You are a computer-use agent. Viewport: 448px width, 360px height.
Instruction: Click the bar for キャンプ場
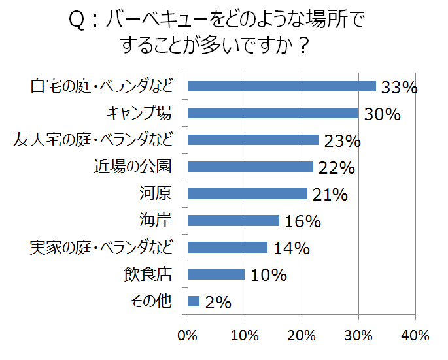(273, 113)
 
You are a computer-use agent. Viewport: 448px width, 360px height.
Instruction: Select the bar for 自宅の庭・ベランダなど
(282, 86)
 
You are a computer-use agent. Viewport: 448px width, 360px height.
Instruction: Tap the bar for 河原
(247, 193)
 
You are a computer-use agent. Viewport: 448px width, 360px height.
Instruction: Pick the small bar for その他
(194, 301)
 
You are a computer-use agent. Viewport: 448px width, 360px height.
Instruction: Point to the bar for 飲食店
(216, 274)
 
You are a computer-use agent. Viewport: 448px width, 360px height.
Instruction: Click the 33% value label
(399, 88)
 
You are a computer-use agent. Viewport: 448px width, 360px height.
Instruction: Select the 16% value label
(303, 222)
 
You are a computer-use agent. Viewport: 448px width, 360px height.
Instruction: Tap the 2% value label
(218, 303)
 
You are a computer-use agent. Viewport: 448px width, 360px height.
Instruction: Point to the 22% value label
(337, 169)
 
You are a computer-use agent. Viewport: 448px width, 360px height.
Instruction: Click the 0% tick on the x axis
(188, 336)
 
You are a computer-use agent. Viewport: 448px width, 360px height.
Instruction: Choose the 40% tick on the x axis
(415, 336)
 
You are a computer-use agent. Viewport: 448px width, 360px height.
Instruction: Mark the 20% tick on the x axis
(302, 336)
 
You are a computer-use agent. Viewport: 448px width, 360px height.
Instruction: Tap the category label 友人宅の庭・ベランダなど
(94, 140)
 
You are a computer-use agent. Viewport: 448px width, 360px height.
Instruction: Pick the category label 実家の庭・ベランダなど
(101, 248)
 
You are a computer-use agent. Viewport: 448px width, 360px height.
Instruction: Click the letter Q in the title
(76, 22)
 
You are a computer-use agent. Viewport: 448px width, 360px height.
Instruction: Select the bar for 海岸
(233, 220)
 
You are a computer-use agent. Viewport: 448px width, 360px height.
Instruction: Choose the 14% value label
(291, 249)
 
